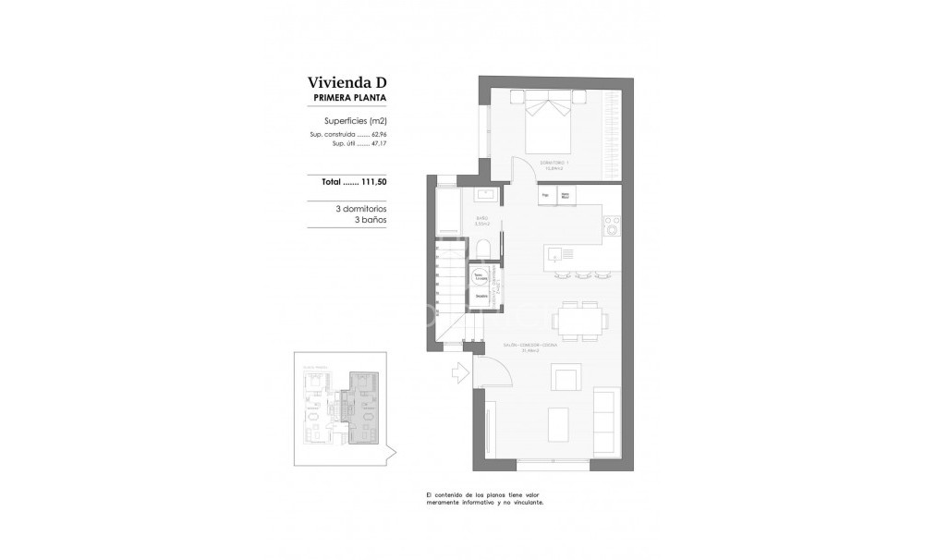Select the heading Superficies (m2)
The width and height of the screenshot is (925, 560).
(355, 121)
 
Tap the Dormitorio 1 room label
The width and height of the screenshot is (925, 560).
(555, 164)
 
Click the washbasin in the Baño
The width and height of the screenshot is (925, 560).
(487, 195)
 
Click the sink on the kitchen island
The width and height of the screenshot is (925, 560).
(554, 252)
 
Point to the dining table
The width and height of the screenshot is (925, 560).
(581, 320)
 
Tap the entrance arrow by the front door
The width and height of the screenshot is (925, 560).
(459, 373)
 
